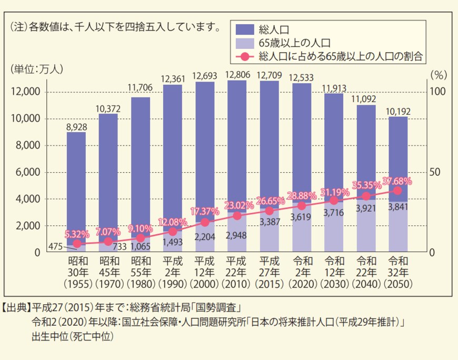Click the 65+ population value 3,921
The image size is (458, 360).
[x=366, y=208]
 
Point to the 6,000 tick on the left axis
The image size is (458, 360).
[x=26, y=172]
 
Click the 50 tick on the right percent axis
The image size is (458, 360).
[x=435, y=172]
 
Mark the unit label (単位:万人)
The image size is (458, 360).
[x=35, y=68]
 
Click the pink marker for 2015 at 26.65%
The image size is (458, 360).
[x=270, y=211]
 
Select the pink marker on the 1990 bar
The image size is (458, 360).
[x=173, y=231]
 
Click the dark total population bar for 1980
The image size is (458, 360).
[x=141, y=158]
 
